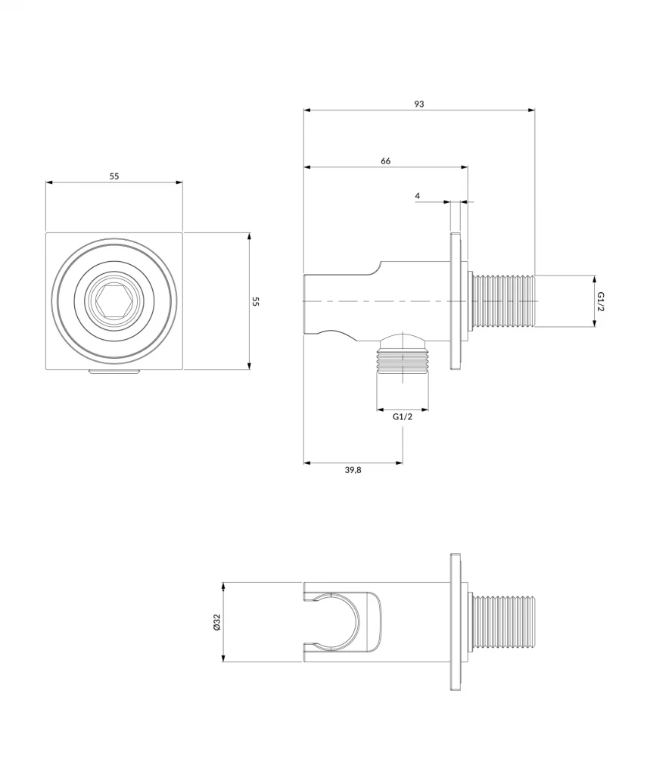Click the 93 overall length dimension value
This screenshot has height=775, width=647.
[x=418, y=104]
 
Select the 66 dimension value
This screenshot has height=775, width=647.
[x=385, y=160]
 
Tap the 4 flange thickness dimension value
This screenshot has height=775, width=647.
[x=417, y=196]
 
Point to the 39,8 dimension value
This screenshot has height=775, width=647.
[x=353, y=470]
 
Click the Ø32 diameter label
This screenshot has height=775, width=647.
[x=216, y=623]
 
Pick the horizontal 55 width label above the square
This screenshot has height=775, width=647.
[x=114, y=176]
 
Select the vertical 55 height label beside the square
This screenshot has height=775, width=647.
[x=256, y=301]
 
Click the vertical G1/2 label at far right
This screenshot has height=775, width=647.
[x=600, y=300]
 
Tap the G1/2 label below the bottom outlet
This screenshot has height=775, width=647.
[x=403, y=417]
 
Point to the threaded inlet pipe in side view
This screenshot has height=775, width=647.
[x=502, y=300]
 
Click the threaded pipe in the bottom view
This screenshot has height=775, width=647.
[x=502, y=621]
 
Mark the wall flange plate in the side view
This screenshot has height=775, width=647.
[x=456, y=300]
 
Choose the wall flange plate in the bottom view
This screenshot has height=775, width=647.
[x=456, y=621]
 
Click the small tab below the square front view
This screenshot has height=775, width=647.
[x=114, y=372]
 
